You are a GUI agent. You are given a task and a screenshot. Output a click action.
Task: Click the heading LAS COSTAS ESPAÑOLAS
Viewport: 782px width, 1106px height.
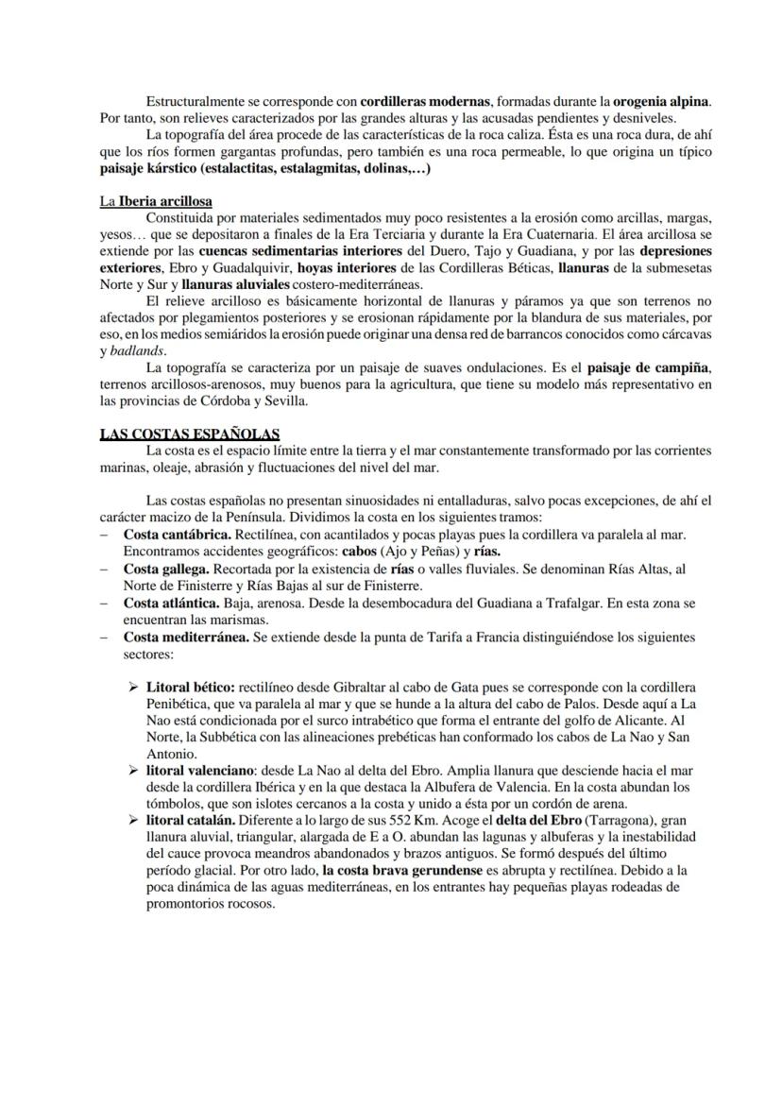[189, 434]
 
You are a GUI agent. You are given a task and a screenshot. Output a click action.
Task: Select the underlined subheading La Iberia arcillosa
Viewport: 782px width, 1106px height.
[156, 201]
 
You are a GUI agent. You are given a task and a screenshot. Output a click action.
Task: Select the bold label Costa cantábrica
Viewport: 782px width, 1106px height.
[177, 535]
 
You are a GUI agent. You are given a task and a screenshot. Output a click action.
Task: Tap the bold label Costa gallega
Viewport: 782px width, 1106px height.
[166, 569]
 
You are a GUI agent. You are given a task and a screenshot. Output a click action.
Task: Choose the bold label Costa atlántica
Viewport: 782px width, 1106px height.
[172, 603]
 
